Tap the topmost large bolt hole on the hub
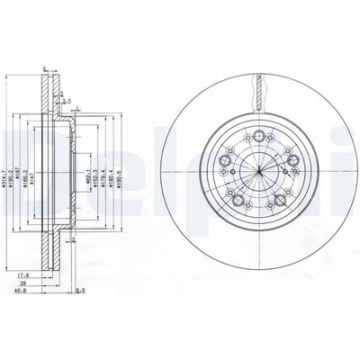point(258,137)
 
